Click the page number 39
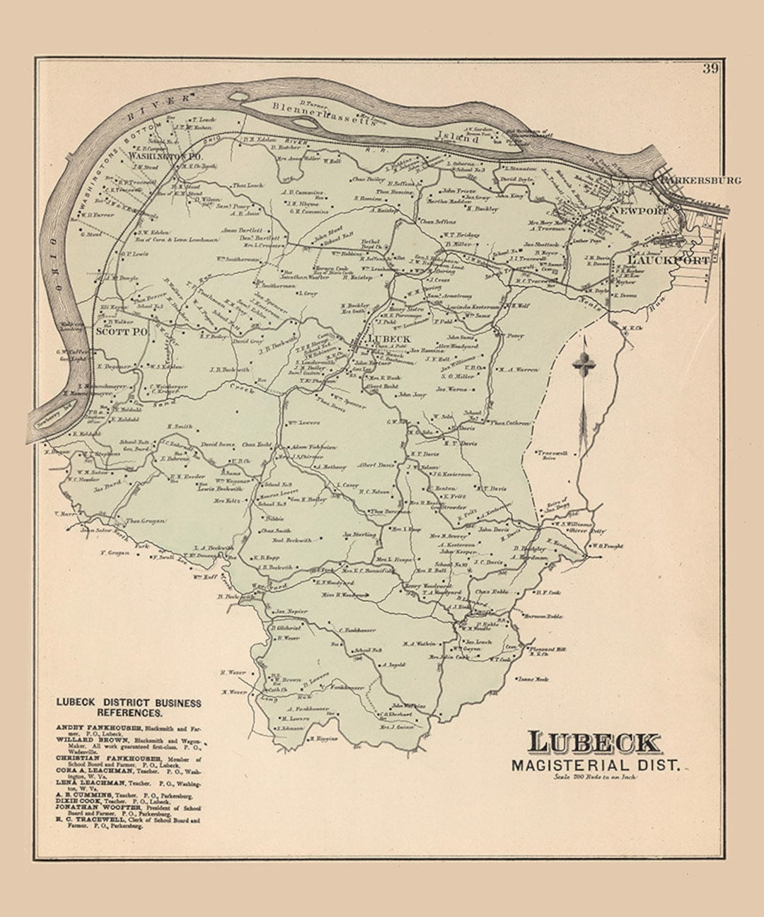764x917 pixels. [710, 69]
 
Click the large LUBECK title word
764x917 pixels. [594, 742]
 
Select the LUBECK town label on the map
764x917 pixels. [388, 339]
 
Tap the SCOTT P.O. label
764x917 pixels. [121, 331]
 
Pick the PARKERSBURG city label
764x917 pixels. [700, 180]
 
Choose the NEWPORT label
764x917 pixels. [640, 211]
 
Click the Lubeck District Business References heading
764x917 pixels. [129, 708]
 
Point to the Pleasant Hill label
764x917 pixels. [548, 649]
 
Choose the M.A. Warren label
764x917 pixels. [519, 369]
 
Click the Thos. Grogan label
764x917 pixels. [145, 521]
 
